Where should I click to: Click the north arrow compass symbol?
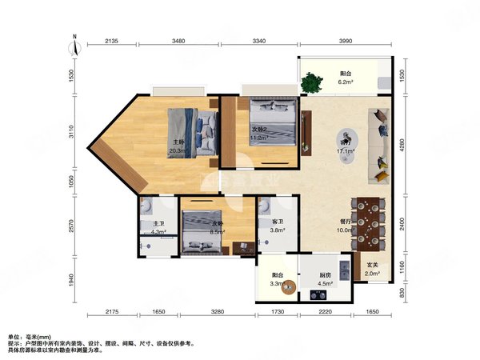(x=74, y=46)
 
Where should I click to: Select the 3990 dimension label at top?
(x=347, y=42)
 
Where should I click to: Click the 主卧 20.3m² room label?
(x=178, y=145)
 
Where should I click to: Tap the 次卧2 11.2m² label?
(x=261, y=133)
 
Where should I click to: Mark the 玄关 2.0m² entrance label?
(x=373, y=270)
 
